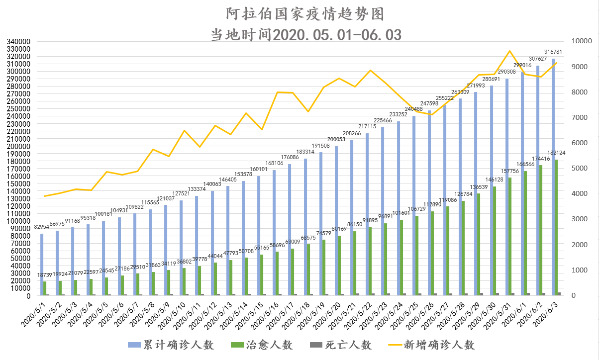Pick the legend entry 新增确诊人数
coord(432,345)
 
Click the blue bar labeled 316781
coord(553,177)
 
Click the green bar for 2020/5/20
coord(339,266)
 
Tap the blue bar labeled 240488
coord(414,206)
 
